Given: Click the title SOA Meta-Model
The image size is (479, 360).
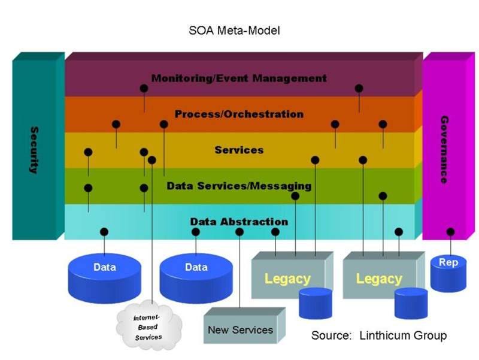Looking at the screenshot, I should point(239,30).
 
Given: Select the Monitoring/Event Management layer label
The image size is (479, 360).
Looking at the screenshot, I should point(239,78).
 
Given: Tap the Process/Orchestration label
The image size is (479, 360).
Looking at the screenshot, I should point(239,114).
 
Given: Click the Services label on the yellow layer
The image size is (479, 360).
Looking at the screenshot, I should point(239,150).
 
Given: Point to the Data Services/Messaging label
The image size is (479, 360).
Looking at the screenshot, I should point(239,186).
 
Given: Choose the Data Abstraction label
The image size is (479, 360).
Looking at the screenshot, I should point(239,222).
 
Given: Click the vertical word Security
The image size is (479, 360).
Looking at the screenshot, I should point(34,150).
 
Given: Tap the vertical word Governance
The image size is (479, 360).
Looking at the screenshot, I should point(444,150).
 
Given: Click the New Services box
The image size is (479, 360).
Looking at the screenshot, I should point(240,330).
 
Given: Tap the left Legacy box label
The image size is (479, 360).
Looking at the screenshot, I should point(287,279).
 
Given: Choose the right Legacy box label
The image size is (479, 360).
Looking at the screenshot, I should point(378,279).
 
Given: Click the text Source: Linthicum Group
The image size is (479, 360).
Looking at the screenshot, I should point(378,335).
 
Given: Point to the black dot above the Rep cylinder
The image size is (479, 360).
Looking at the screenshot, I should point(450,232).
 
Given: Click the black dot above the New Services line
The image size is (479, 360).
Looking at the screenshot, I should point(239,232).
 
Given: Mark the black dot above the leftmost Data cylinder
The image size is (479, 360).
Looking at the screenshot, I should point(104,232).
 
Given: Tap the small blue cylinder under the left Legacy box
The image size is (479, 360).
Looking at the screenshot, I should point(316,302).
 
